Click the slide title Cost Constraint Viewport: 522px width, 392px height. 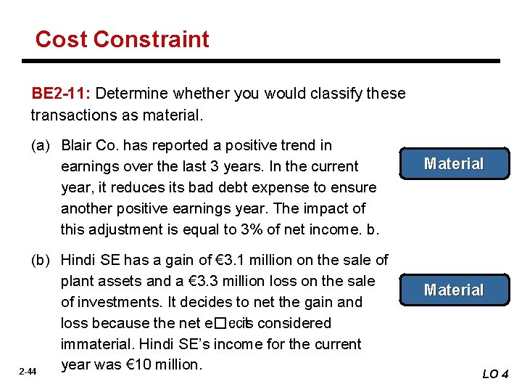pos(122,39)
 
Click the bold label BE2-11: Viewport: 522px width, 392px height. pos(61,94)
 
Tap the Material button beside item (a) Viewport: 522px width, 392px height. pos(454,164)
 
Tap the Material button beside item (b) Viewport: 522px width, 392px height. pos(454,290)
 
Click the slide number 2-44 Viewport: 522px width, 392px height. pos(28,372)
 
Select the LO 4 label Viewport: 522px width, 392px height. pos(496,375)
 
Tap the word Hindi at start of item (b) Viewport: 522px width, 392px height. pos(78,260)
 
